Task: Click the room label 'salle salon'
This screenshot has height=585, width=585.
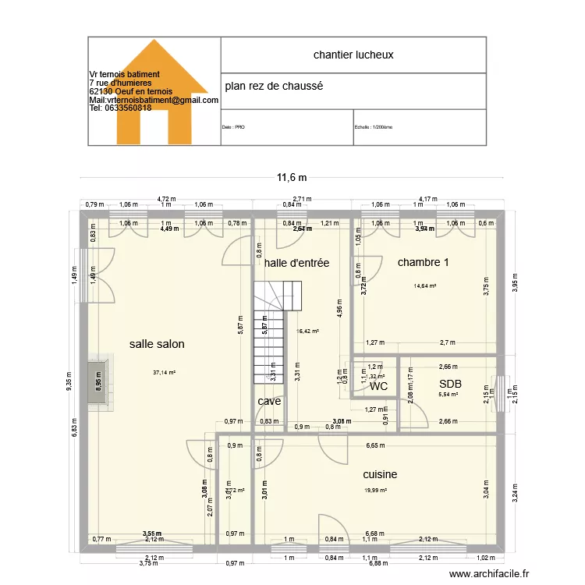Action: pyautogui.click(x=157, y=343)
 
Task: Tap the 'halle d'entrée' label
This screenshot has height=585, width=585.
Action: pyautogui.click(x=296, y=263)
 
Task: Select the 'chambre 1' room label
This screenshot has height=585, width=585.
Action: pyautogui.click(x=423, y=262)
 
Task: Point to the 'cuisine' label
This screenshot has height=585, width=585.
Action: pyautogui.click(x=380, y=474)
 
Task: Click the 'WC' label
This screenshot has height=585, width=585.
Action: pyautogui.click(x=379, y=386)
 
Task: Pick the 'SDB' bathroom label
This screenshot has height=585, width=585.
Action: pyautogui.click(x=450, y=384)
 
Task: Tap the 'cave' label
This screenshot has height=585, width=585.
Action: pyautogui.click(x=269, y=401)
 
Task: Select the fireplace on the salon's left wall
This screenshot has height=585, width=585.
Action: pyautogui.click(x=99, y=381)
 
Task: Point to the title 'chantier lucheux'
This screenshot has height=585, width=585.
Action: pyautogui.click(x=353, y=55)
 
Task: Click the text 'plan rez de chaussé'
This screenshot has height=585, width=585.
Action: pyautogui.click(x=274, y=86)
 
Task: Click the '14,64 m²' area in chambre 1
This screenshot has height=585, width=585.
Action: pyautogui.click(x=425, y=286)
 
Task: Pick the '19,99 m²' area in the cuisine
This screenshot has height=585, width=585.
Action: pyautogui.click(x=375, y=491)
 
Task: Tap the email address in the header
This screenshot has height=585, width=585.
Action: pyautogui.click(x=154, y=100)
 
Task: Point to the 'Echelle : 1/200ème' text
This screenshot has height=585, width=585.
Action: pyautogui.click(x=374, y=127)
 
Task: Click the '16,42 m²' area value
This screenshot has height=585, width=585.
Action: pyautogui.click(x=308, y=331)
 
